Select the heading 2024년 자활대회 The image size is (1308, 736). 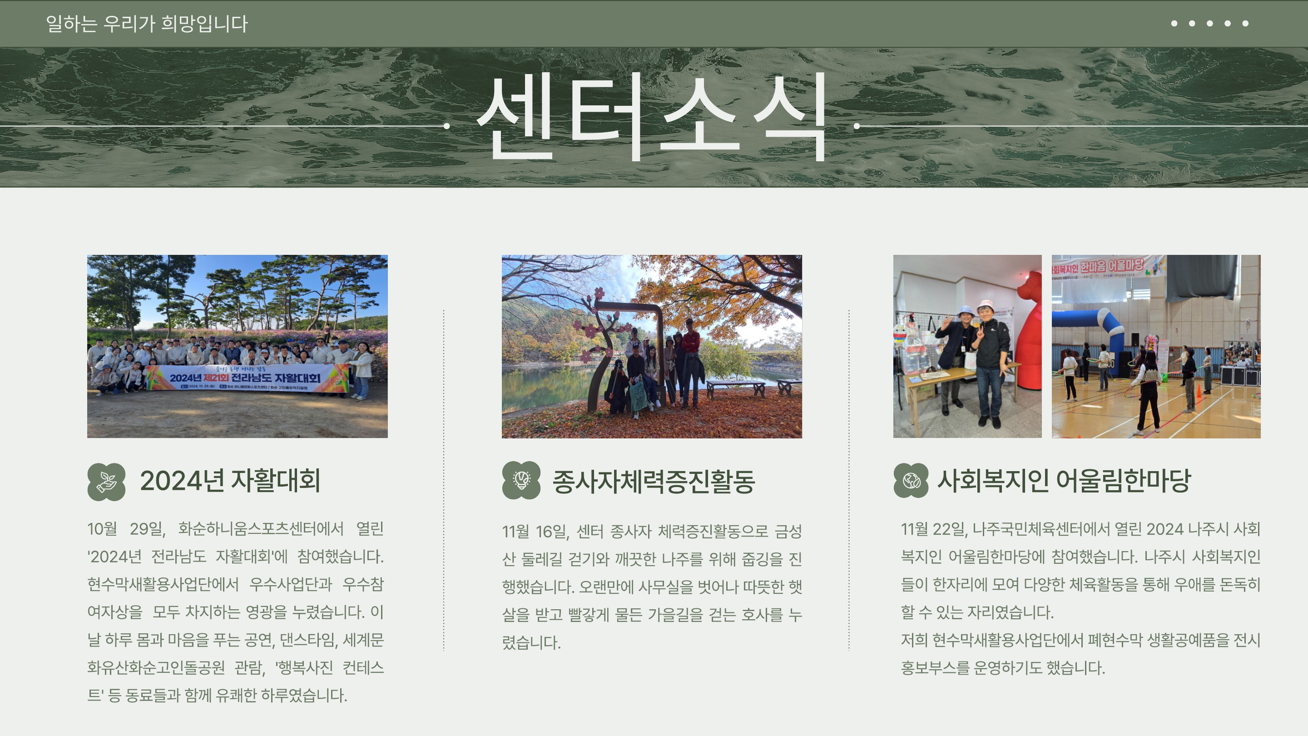230,481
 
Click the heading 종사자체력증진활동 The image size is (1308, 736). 654,481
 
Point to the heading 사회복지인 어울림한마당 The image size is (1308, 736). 1064,481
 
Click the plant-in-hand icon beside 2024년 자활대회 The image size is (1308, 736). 106,482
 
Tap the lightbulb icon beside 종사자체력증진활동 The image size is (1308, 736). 521,480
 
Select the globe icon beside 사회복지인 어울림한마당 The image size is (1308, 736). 911,481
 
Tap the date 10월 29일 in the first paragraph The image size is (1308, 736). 126,529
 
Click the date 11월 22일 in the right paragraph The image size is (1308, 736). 933,529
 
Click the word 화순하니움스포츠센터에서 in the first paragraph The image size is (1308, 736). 261,529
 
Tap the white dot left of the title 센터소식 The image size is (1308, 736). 447,126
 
